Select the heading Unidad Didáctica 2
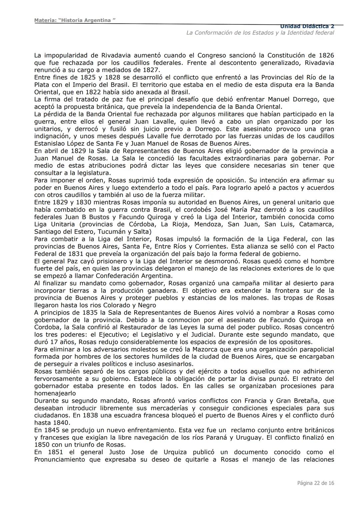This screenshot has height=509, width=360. point(307,26)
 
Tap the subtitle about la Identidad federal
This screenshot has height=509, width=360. point(260,33)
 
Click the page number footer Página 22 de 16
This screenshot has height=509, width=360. point(316,483)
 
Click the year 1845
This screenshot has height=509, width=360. point(52,430)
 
